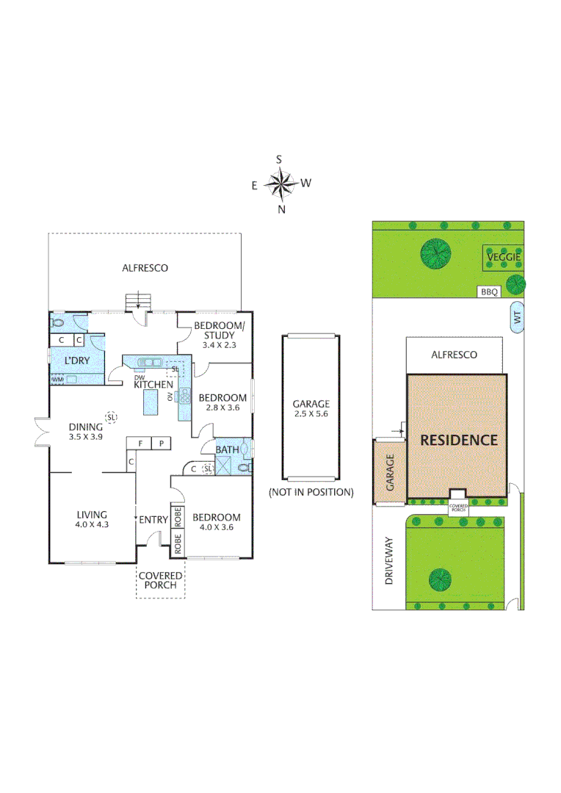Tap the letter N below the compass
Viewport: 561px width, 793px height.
click(281, 209)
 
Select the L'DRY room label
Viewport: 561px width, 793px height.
click(77, 361)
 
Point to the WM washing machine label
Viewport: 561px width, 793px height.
click(57, 380)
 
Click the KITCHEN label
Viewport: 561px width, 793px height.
click(153, 384)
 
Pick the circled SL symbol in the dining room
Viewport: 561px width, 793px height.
click(111, 417)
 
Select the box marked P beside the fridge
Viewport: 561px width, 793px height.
click(161, 443)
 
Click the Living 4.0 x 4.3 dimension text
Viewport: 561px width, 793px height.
click(92, 525)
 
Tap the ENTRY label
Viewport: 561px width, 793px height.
click(153, 520)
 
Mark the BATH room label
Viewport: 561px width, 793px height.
click(225, 449)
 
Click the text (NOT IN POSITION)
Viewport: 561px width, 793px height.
click(311, 491)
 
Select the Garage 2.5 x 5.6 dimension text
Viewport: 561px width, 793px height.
click(311, 414)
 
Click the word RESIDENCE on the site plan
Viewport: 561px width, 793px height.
click(458, 441)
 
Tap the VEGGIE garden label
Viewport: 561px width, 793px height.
click(504, 257)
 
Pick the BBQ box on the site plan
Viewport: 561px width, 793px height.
click(490, 292)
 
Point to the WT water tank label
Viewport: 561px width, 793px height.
click(517, 319)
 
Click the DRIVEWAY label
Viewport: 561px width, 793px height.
click(390, 562)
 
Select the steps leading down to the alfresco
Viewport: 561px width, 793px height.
click(138, 302)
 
